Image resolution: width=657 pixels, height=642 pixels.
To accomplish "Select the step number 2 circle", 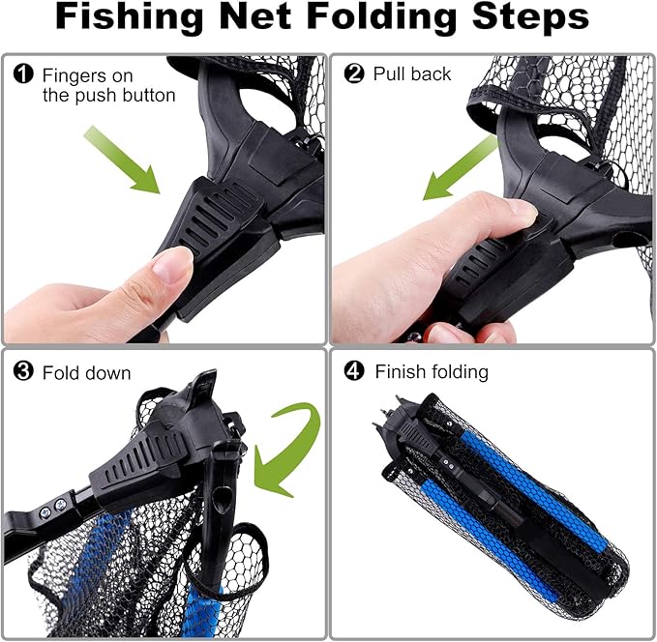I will click(355, 74).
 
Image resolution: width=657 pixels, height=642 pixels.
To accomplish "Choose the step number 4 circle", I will click(355, 372).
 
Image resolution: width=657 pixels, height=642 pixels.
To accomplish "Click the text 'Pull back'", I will click(412, 74).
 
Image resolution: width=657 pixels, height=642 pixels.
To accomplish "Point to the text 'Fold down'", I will click(87, 372).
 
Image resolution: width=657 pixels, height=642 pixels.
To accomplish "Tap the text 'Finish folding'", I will click(432, 372).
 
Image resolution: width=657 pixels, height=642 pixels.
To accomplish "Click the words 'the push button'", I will click(108, 95).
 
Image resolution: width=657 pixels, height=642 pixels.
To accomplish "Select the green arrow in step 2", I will click(461, 167).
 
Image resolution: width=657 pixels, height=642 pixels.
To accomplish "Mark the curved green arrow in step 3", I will click(285, 445).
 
